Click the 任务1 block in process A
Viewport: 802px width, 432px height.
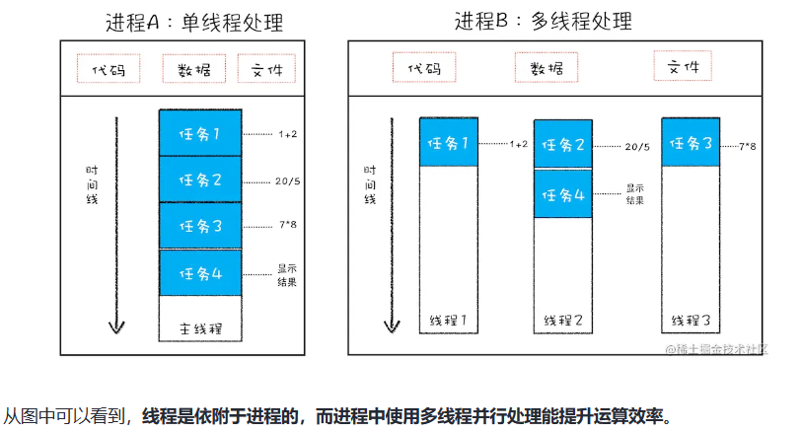[x=198, y=132]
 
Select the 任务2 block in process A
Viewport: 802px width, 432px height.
[x=198, y=180]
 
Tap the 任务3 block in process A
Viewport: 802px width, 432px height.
[x=198, y=226]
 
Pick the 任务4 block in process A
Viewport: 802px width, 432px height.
[x=198, y=273]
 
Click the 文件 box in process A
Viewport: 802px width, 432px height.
[x=265, y=68]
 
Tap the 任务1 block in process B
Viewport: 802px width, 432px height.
[x=449, y=142]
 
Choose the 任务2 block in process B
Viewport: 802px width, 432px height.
[x=563, y=145]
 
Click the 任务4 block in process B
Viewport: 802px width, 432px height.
[x=563, y=193]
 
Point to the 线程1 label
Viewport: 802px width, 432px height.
[x=449, y=321]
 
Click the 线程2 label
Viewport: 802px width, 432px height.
[x=563, y=321]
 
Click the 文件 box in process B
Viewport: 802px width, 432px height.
[x=683, y=66]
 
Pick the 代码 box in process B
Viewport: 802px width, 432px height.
[x=423, y=67]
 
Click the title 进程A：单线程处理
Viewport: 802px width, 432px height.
[x=193, y=23]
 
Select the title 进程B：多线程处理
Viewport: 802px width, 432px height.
[x=544, y=21]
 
